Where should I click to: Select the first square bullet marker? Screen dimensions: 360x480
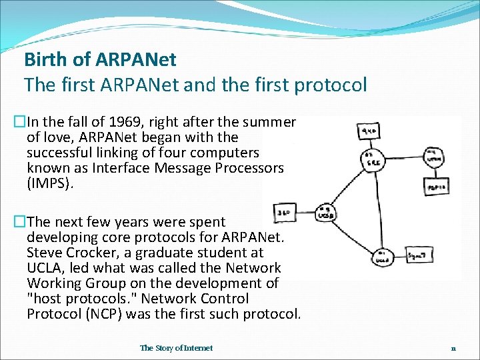19,123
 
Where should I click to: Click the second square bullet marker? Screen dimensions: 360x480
19,222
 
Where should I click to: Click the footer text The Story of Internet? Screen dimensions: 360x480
177,348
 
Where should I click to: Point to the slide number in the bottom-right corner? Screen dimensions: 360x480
453,348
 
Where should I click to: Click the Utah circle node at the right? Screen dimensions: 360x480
433,158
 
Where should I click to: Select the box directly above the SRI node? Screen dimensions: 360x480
368,130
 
